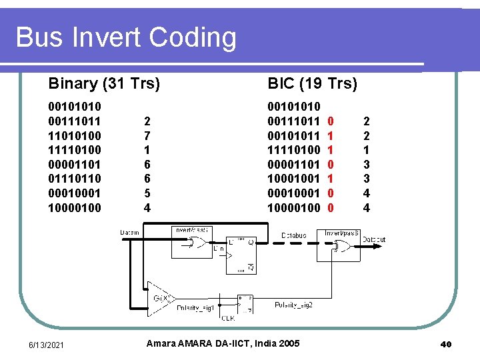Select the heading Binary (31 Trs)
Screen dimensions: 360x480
(104, 83)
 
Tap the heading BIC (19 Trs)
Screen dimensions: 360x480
(312, 83)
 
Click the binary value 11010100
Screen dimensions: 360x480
(75, 135)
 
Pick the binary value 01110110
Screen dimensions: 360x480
(75, 179)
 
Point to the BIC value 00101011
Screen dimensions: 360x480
(294, 135)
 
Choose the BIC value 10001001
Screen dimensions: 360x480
(294, 179)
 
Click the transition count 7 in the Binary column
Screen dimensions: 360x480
(147, 135)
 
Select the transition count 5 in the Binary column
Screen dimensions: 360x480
(147, 193)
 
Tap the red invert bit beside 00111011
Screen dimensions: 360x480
(331, 121)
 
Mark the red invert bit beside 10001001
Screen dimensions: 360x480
(331, 179)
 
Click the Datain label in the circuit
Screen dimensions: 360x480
(129, 232)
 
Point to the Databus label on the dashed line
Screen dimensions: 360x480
(293, 235)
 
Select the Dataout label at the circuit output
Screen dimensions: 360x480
(374, 239)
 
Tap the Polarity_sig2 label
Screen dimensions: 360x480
(293, 305)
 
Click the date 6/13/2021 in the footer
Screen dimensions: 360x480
(46, 344)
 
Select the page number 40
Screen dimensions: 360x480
(446, 344)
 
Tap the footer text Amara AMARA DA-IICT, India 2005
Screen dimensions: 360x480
(222, 343)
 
